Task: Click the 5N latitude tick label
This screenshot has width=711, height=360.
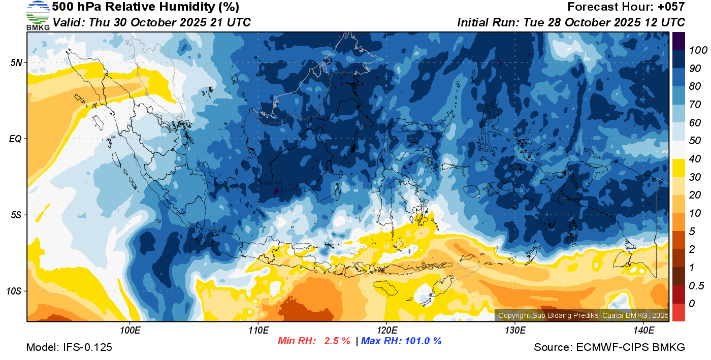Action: [16, 62]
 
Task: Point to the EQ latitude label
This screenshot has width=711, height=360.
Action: [15, 139]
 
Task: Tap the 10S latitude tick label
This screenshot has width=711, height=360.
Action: [14, 291]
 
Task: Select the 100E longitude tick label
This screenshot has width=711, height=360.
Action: [130, 331]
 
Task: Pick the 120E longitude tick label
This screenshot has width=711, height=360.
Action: [386, 331]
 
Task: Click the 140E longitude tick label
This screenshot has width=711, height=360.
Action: [643, 331]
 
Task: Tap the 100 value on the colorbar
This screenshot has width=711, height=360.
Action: [695, 50]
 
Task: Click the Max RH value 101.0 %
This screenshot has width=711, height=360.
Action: [422, 341]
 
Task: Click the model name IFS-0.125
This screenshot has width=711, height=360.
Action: [87, 347]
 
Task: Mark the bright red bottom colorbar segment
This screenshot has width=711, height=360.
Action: [678, 312]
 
